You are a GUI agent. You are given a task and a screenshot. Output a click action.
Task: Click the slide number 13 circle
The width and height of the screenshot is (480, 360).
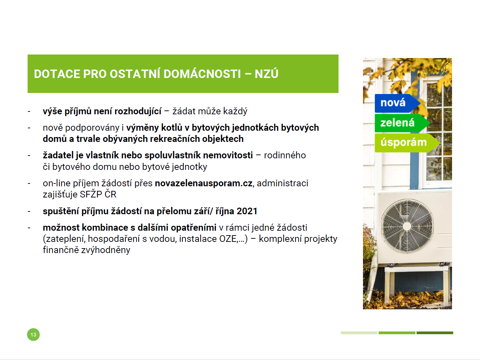pyautogui.click(x=33, y=334)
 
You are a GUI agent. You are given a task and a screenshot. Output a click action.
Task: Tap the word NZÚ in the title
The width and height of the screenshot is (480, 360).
pyautogui.click(x=266, y=74)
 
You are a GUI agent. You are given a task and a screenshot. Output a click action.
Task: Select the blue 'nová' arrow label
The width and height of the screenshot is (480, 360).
pyautogui.click(x=397, y=103)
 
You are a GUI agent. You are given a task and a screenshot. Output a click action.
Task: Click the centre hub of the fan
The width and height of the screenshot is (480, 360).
pyautogui.click(x=407, y=226)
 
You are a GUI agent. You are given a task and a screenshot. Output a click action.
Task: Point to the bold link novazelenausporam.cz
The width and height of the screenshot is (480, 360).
pyautogui.click(x=204, y=183)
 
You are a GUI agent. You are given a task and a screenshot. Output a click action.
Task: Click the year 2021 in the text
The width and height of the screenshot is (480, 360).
pyautogui.click(x=247, y=211)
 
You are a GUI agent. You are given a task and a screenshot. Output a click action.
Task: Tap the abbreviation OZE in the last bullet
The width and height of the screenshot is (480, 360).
pyautogui.click(x=228, y=239)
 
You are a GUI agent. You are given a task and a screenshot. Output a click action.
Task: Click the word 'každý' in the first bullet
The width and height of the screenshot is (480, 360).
pyautogui.click(x=235, y=111)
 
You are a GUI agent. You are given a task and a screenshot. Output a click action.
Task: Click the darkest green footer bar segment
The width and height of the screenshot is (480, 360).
pyautogui.click(x=435, y=333)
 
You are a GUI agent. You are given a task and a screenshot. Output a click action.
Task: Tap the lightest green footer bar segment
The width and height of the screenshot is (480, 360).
pyautogui.click(x=359, y=333)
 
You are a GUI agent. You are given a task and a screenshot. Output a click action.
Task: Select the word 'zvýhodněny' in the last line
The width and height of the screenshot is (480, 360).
pyautogui.click(x=106, y=250)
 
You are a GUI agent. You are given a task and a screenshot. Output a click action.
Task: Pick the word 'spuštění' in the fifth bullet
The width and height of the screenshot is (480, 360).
pyautogui.click(x=61, y=211)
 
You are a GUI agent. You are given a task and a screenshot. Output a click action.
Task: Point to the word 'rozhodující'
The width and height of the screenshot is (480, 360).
pyautogui.click(x=138, y=111)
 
